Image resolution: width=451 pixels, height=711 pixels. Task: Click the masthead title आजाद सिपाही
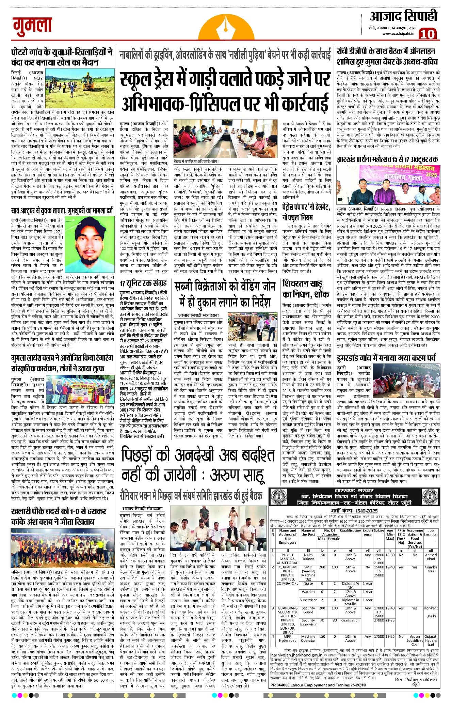(403, 16)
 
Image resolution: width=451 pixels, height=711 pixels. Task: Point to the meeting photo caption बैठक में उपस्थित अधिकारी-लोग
(196, 161)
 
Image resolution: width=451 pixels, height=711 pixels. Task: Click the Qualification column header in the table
(350, 530)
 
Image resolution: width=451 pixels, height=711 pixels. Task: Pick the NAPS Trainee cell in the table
(308, 557)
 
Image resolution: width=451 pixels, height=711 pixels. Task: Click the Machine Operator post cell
(308, 638)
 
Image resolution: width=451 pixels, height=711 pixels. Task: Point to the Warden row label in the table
(308, 592)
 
